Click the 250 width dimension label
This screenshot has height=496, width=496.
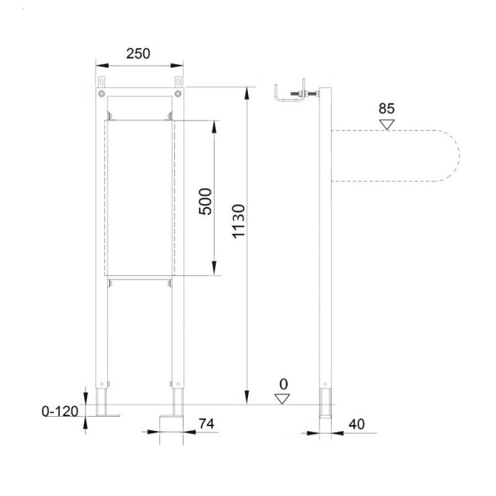tap(138, 53)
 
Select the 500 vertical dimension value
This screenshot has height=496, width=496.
tap(205, 202)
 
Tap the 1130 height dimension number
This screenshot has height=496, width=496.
tap(239, 221)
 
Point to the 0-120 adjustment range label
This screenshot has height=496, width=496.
tap(60, 411)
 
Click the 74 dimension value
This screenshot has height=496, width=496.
tap(206, 423)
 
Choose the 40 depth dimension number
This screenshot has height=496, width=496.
tap(357, 424)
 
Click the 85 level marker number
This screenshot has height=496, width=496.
tap(386, 109)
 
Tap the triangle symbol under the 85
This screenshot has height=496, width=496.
tap(387, 125)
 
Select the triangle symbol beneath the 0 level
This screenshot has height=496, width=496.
tap(282, 399)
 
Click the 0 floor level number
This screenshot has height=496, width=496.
tap(284, 384)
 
